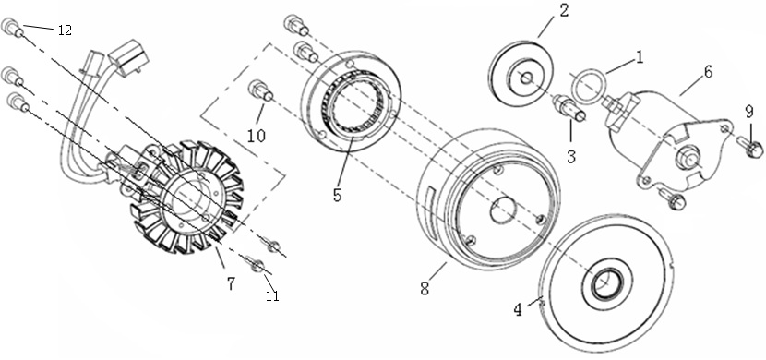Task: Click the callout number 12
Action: tap(65, 30)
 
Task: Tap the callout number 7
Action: tap(231, 283)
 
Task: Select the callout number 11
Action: tap(272, 295)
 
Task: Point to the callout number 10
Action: tap(256, 136)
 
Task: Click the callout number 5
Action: tap(337, 195)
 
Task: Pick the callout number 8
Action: tap(425, 288)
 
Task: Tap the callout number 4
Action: tap(518, 309)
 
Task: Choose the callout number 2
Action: tap(564, 11)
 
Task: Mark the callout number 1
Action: tap(639, 57)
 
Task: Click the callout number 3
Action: tap(571, 156)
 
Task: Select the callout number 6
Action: tap(708, 72)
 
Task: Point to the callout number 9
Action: tap(749, 113)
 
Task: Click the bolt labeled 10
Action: tap(259, 90)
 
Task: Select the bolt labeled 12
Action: tap(12, 27)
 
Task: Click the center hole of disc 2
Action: tap(525, 78)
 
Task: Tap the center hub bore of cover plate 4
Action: tap(604, 282)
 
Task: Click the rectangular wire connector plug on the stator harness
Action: tap(128, 58)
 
